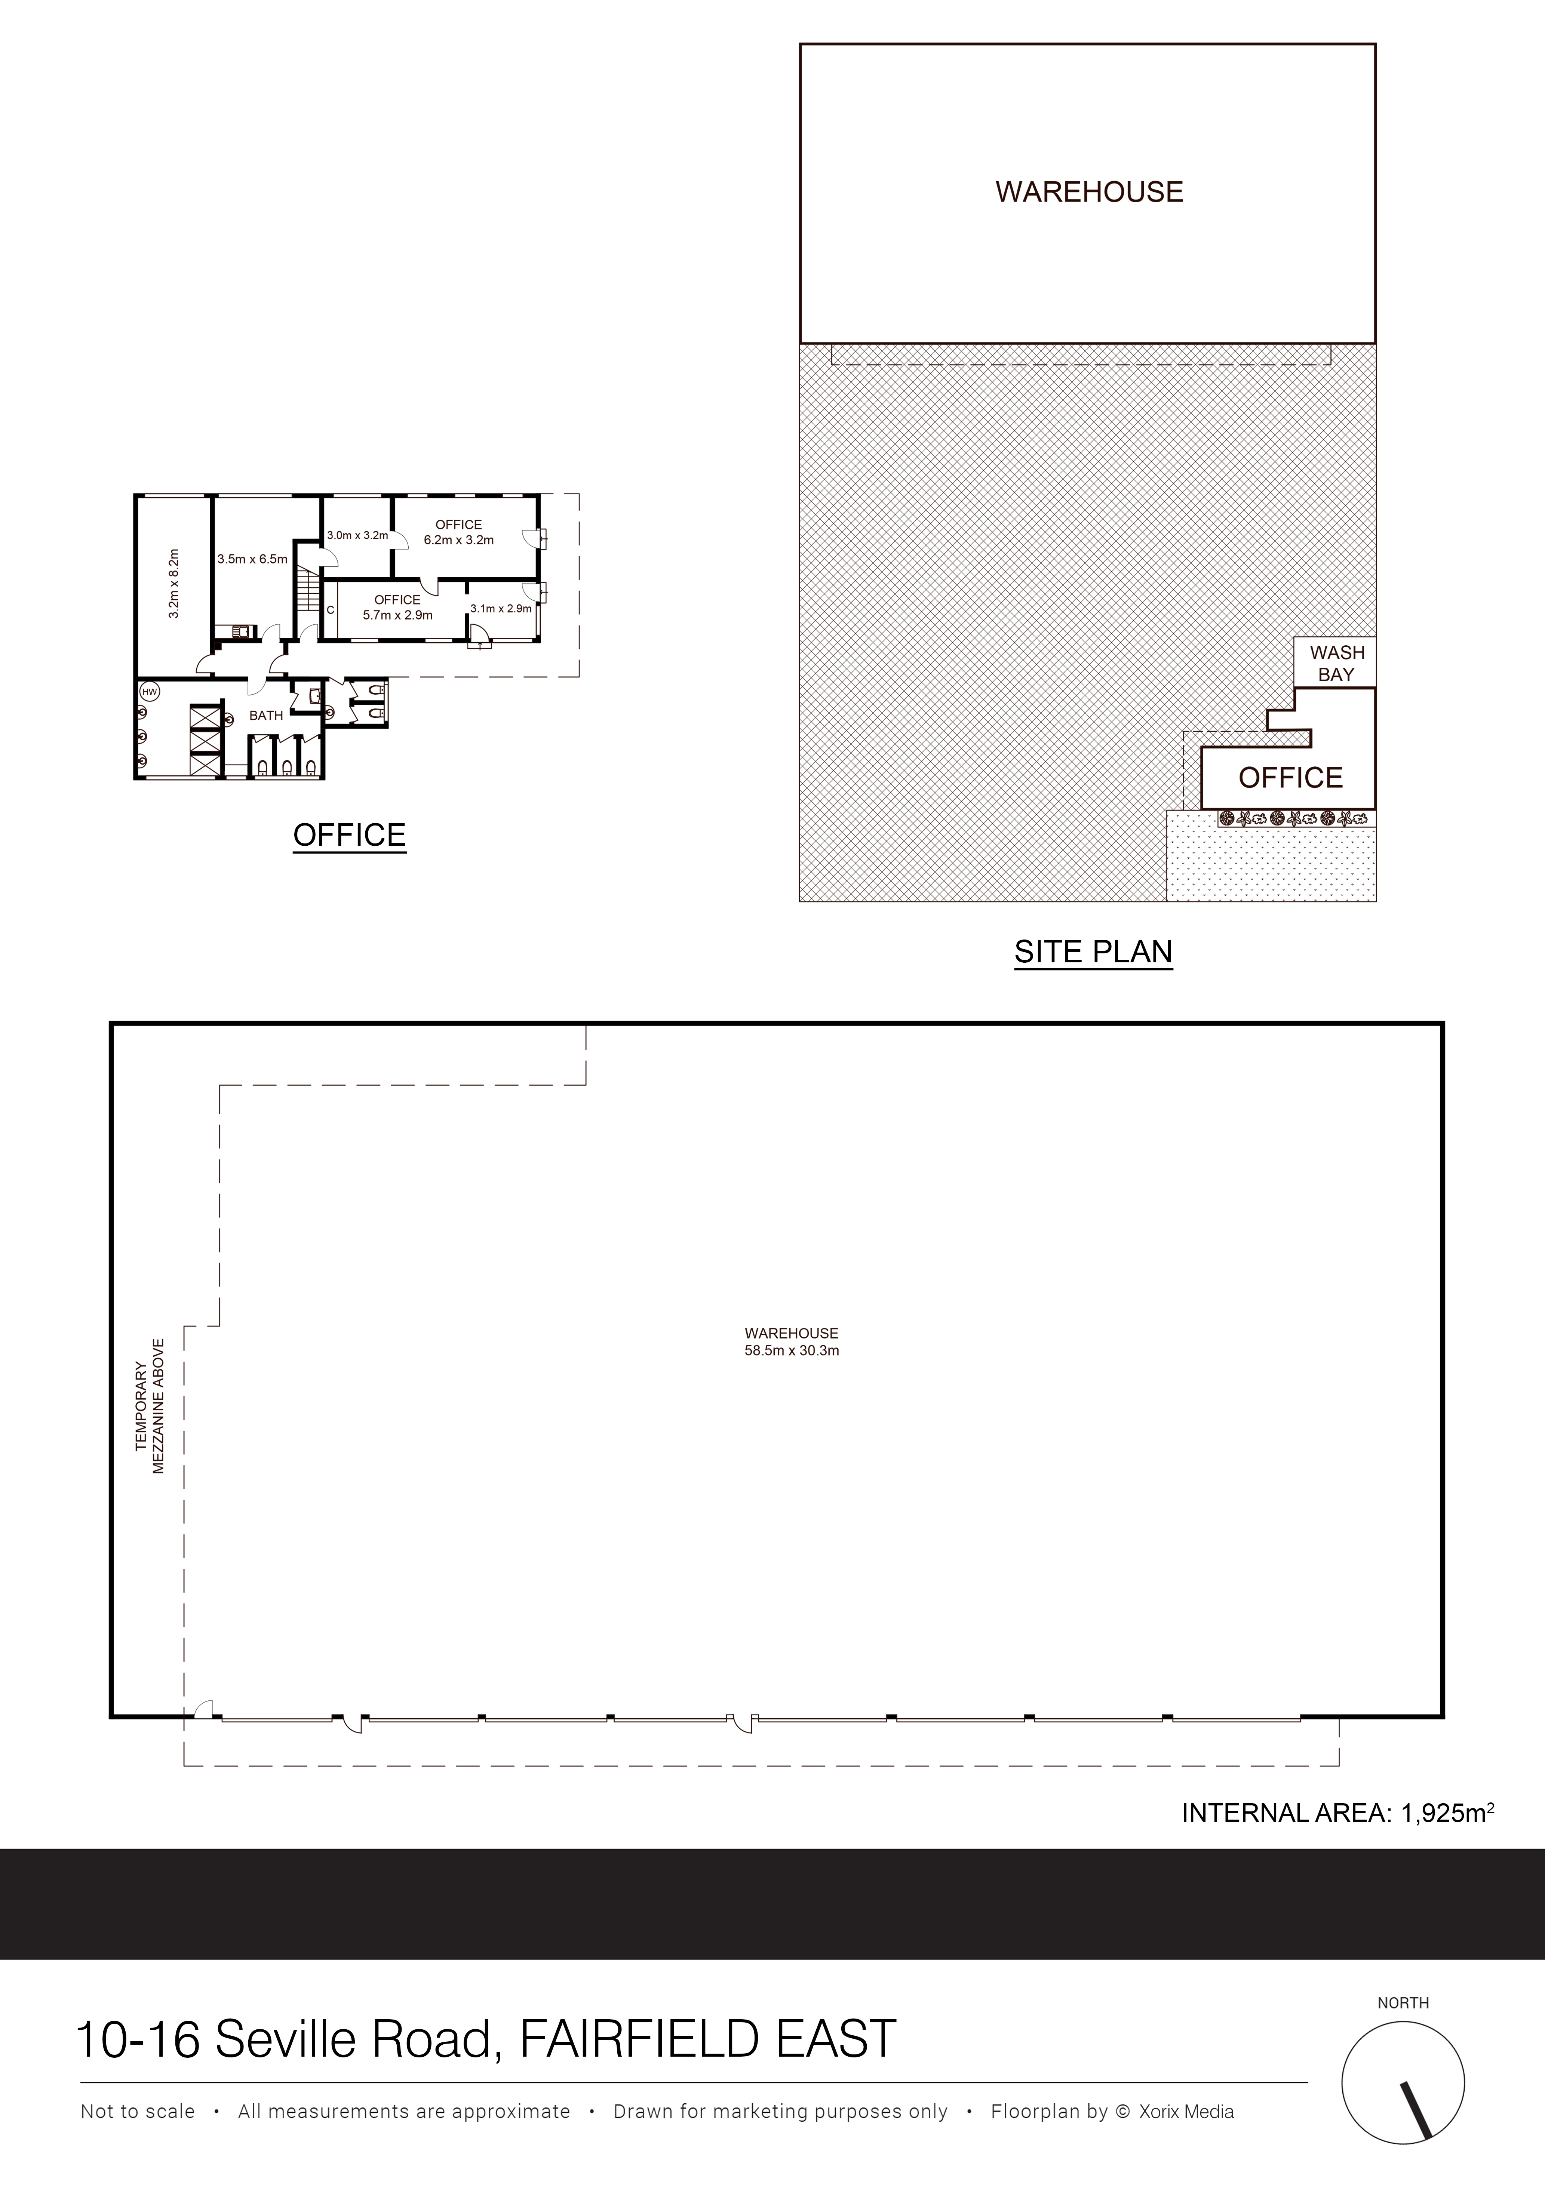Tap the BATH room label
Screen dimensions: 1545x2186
[x=267, y=715]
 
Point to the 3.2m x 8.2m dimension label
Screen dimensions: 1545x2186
[x=173, y=583]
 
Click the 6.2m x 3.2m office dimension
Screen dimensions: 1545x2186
[x=459, y=540]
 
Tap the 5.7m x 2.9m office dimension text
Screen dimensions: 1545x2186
[x=398, y=615]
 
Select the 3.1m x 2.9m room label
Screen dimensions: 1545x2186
[x=501, y=608]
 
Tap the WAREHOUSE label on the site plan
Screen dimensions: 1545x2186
[x=1089, y=192]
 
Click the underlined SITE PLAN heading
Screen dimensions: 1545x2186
[x=1093, y=952]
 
